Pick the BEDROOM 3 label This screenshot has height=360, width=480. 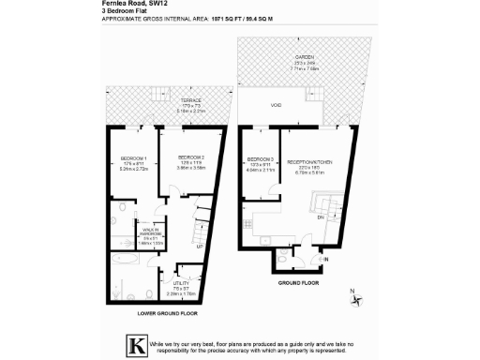(x=261, y=158)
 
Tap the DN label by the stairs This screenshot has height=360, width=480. (x=322, y=217)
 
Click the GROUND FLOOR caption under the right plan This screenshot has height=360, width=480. (x=300, y=280)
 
